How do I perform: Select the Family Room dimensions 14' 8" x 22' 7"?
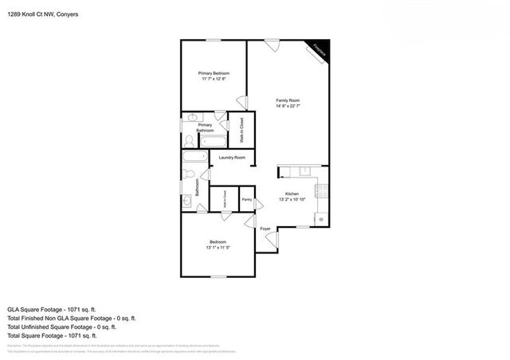click(288, 106)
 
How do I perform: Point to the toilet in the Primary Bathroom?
click(188, 140)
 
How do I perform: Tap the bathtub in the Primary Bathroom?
click(214, 143)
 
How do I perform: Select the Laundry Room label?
click(232, 158)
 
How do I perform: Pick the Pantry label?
click(247, 199)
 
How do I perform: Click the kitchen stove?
click(320, 191)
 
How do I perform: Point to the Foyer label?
click(265, 229)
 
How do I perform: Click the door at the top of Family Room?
click(273, 45)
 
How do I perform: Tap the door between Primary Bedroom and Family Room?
click(242, 101)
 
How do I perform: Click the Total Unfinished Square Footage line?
click(61, 327)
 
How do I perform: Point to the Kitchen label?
click(292, 194)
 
